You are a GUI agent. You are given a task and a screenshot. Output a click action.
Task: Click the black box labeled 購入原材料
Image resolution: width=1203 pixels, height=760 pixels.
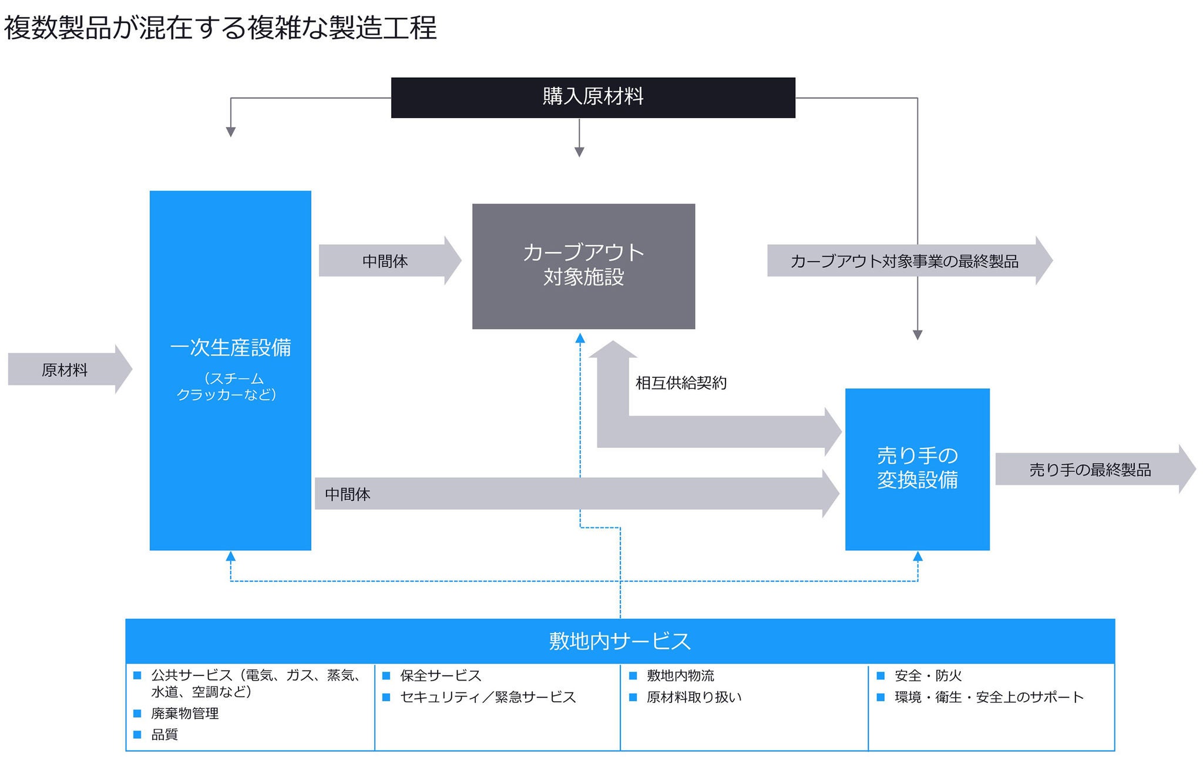pyautogui.click(x=593, y=97)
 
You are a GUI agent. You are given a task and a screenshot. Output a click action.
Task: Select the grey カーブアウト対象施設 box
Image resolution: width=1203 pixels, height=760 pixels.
pyautogui.click(x=583, y=266)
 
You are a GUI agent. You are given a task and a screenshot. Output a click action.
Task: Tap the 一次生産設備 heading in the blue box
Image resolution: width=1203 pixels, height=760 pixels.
pyautogui.click(x=230, y=348)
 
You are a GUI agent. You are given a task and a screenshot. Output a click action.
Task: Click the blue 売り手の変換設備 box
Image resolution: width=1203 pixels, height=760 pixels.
pyautogui.click(x=917, y=468)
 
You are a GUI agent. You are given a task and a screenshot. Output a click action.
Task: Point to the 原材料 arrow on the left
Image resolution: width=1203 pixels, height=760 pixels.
pyautogui.click(x=65, y=370)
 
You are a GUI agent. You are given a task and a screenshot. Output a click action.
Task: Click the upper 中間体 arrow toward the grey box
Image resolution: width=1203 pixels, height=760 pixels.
pyautogui.click(x=385, y=261)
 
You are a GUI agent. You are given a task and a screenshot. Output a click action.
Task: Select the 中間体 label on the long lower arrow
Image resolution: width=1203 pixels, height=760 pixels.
pyautogui.click(x=348, y=494)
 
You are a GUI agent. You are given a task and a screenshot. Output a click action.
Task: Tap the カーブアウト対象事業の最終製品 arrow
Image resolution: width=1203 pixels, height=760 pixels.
pyautogui.click(x=904, y=261)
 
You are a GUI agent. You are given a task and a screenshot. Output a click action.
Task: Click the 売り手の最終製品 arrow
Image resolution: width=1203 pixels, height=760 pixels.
pyautogui.click(x=1090, y=470)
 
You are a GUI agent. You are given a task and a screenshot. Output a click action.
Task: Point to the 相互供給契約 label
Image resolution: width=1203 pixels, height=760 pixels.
pyautogui.click(x=681, y=383)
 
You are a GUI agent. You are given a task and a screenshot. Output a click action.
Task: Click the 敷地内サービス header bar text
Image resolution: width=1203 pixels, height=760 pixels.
pyautogui.click(x=620, y=641)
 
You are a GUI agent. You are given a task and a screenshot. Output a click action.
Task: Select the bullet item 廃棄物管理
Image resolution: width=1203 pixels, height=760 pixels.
pyautogui.click(x=184, y=713)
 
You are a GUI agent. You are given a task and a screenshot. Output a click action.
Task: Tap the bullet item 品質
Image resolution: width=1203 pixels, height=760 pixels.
pyautogui.click(x=164, y=734)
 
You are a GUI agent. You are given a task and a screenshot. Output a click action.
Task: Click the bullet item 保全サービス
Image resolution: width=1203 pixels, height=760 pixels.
pyautogui.click(x=441, y=675)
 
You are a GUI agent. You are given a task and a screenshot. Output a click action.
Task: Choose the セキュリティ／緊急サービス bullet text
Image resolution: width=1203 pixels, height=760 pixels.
pyautogui.click(x=488, y=697)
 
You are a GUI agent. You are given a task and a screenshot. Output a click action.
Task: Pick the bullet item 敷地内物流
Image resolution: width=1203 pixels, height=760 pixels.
pyautogui.click(x=680, y=675)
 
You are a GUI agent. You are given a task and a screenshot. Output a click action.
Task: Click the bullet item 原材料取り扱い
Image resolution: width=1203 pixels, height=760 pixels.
pyautogui.click(x=694, y=697)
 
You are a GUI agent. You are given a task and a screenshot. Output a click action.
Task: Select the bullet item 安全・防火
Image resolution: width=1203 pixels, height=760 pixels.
pyautogui.click(x=928, y=675)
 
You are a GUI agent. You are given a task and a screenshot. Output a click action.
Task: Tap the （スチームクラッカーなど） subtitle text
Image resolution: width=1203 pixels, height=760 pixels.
pyautogui.click(x=227, y=386)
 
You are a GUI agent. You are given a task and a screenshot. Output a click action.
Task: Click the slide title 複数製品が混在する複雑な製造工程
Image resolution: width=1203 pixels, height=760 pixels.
pyautogui.click(x=220, y=28)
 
